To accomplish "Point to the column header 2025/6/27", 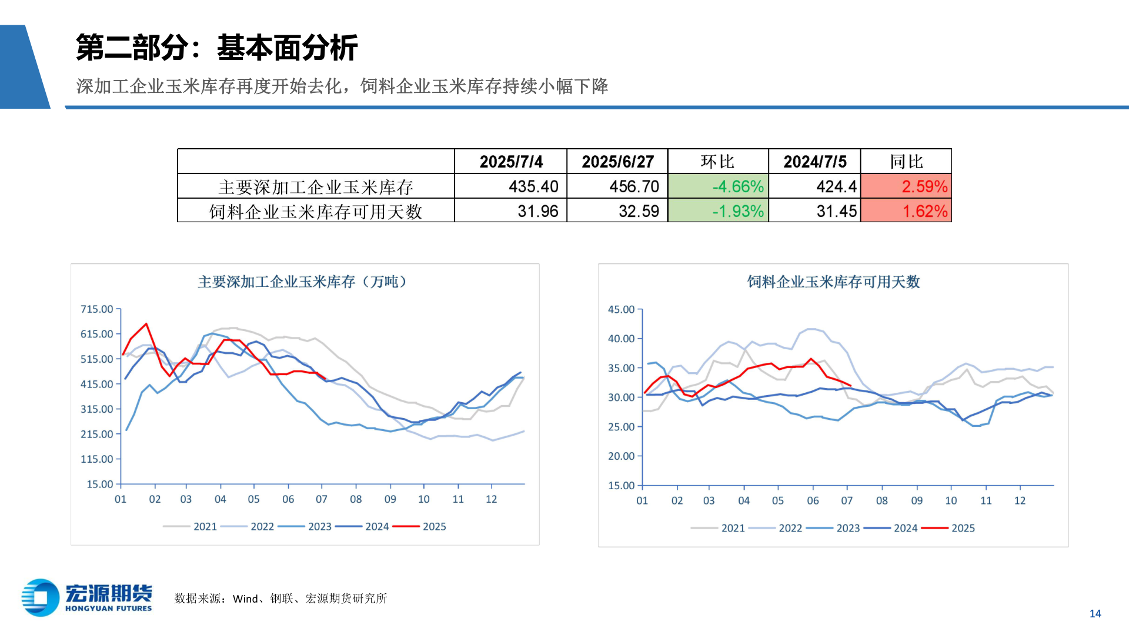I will [x=617, y=162].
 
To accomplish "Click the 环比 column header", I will [x=717, y=162].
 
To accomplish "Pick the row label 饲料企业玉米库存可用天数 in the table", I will [x=316, y=211].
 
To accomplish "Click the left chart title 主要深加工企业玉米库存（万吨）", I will [x=303, y=282].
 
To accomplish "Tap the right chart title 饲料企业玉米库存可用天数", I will [x=833, y=282].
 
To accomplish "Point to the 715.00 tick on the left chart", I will [x=97, y=309].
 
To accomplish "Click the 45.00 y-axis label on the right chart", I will [x=621, y=309].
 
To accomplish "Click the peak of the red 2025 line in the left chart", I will [x=146, y=324].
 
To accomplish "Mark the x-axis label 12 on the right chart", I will [x=1020, y=501].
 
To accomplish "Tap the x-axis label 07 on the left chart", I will [x=321, y=499].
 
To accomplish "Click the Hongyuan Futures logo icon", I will [x=41, y=597].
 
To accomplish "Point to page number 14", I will [x=1095, y=614].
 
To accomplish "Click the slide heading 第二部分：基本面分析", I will [x=216, y=48].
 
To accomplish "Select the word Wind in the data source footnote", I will [x=245, y=599].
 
